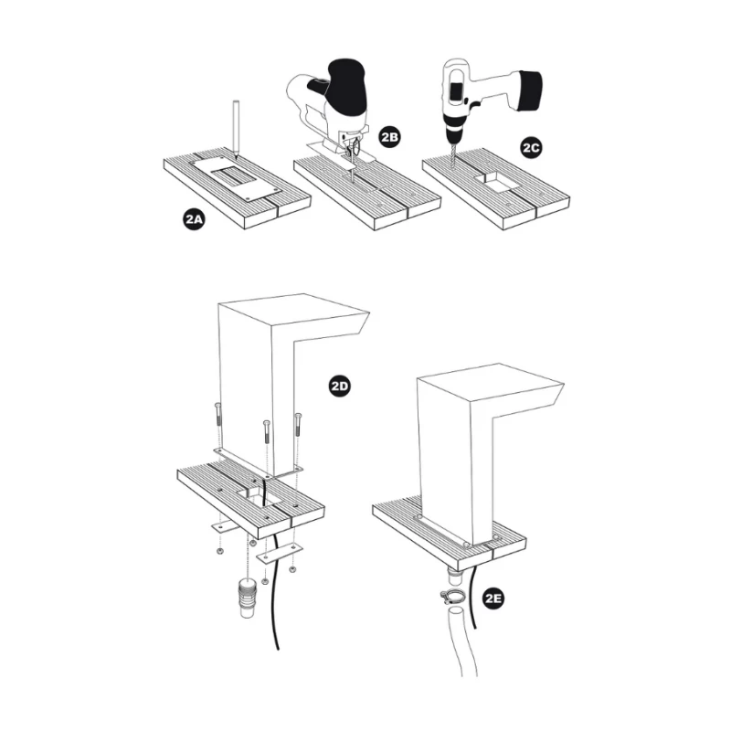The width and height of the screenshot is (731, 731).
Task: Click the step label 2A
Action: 194,218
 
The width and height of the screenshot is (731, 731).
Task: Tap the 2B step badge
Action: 390,137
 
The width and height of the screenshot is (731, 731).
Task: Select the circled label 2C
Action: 531,148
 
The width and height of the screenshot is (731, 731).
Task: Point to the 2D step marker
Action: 339,387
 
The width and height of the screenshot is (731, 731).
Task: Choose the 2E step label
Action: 493,599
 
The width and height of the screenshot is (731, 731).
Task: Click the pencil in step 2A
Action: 237,127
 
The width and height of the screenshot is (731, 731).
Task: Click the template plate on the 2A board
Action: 236,178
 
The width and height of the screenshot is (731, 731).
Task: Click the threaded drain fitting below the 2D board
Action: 248,598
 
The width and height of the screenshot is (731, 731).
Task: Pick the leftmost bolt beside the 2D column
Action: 218,415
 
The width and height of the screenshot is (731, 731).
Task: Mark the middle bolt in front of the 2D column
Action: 267,432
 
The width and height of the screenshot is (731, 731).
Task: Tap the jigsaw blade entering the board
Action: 352,164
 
